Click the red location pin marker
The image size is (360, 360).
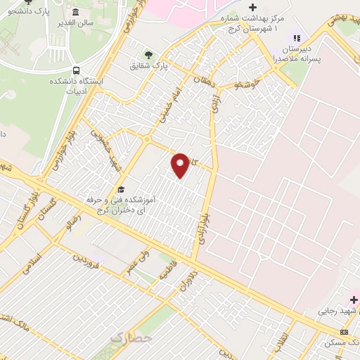pos(181,165)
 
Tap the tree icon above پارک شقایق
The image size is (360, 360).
pos(148,54)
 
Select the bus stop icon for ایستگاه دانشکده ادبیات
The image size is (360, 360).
pos(76,70)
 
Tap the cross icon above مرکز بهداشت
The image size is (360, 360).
pos(253,7)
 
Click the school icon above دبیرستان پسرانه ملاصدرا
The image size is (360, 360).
pos(296,38)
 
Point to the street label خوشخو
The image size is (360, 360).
pos(247,84)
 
